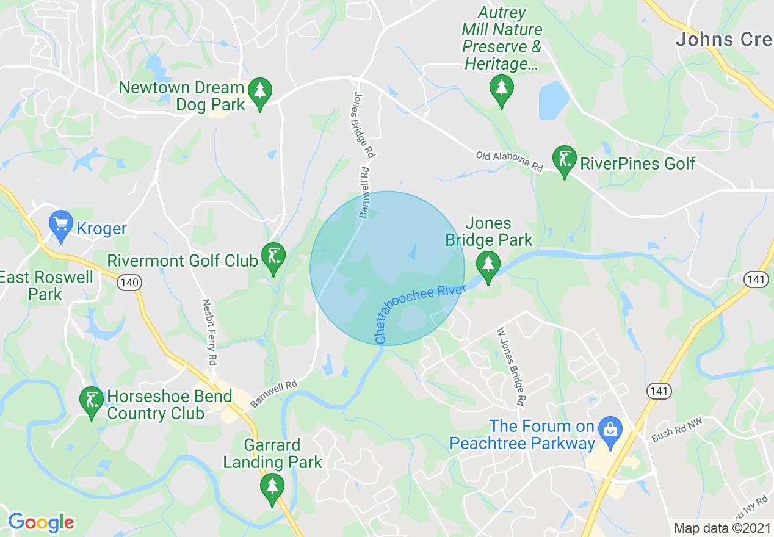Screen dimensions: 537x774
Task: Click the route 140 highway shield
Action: click(131, 283)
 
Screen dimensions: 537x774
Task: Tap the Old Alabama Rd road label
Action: click(510, 161)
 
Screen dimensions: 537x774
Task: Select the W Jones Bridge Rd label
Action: click(512, 366)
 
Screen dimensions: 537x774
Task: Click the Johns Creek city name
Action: click(724, 40)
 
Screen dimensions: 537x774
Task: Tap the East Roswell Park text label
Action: click(46, 286)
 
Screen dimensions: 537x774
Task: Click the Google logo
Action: click(41, 522)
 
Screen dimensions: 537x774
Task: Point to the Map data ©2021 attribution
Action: click(722, 527)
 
